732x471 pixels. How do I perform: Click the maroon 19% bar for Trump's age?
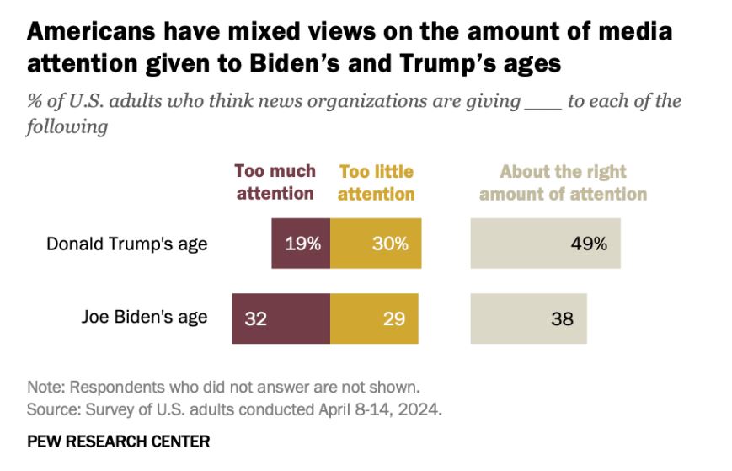(x=301, y=244)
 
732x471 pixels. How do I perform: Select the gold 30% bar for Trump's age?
(x=376, y=244)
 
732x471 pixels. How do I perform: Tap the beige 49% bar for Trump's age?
(x=545, y=244)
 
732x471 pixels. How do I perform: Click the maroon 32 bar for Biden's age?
(x=281, y=318)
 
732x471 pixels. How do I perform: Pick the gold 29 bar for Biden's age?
(x=374, y=318)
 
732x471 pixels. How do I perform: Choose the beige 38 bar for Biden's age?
(x=528, y=318)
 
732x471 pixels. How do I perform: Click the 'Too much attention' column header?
(x=275, y=182)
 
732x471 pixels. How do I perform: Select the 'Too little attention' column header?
(x=377, y=182)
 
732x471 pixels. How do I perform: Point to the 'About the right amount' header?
(x=563, y=182)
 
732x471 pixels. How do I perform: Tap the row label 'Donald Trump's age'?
(x=126, y=244)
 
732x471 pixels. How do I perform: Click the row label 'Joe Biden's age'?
(x=144, y=318)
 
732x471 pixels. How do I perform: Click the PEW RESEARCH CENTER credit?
(x=119, y=442)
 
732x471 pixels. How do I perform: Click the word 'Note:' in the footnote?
(x=45, y=388)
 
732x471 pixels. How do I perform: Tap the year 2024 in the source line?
(x=424, y=410)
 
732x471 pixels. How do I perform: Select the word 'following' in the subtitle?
(x=67, y=127)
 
